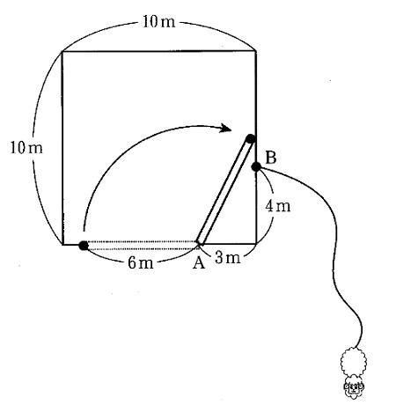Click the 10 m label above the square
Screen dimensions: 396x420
pos(158,22)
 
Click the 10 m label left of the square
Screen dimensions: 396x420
pos(26,148)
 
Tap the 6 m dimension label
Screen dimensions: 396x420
pos(141,263)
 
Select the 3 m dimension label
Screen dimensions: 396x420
pos(227,258)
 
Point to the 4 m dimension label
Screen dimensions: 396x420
pos(278,206)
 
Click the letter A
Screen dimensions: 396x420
pos(199,263)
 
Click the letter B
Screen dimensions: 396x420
pos(271,158)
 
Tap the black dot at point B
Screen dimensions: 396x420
pos(256,167)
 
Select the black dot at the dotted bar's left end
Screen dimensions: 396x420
pos(84,246)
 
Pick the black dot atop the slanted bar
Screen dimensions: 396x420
pos(250,138)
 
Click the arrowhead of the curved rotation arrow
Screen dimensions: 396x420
pos(226,128)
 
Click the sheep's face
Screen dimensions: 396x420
pos(354,387)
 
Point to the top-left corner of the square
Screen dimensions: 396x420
pos(62,52)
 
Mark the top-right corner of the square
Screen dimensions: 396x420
pos(256,51)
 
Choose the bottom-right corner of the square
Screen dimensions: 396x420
pos(256,244)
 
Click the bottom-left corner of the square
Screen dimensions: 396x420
pos(62,244)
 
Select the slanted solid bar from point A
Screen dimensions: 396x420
pos(224,191)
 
